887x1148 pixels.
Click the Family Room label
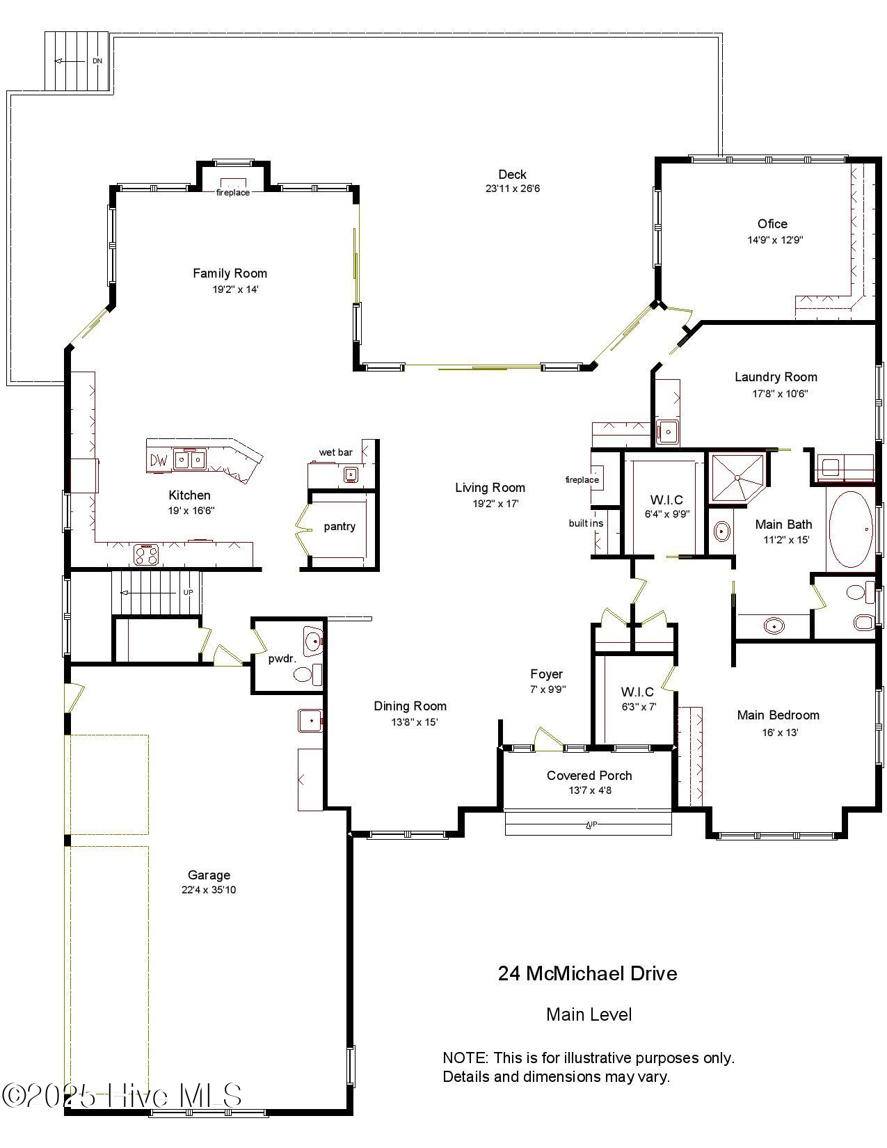coord(230,273)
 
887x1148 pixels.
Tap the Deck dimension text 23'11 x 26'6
coord(513,189)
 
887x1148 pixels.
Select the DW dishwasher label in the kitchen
coord(159,460)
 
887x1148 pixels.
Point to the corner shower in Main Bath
coord(736,477)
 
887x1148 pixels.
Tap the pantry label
coord(339,527)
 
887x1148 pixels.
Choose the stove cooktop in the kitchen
coord(146,555)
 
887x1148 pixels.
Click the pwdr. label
coord(282,658)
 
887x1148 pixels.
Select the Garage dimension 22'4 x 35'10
coord(209,890)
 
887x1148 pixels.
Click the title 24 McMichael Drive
coord(587,973)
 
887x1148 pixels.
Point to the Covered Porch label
coord(589,775)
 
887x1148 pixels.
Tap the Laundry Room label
coord(776,377)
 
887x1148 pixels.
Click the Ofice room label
coord(772,224)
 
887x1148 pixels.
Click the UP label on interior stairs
coord(188,592)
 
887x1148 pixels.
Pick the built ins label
coord(586,523)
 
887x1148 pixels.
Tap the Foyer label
coord(546,674)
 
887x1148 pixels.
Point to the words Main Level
coord(589,1014)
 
